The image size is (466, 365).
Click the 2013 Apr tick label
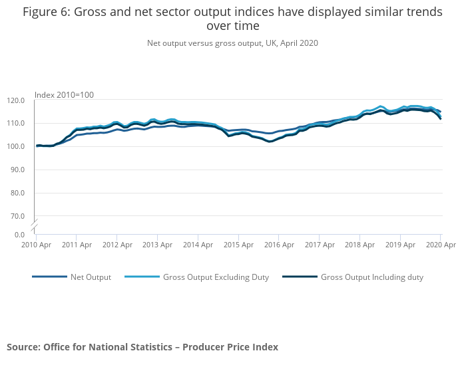click(x=156, y=245)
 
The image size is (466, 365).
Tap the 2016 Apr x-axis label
click(x=279, y=245)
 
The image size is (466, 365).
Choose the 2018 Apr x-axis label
click(x=360, y=245)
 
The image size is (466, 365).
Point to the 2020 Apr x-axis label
click(x=440, y=245)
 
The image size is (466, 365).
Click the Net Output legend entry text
click(x=91, y=277)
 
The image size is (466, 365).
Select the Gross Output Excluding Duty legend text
click(x=216, y=277)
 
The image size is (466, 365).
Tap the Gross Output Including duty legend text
click(x=371, y=277)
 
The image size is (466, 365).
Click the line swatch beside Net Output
click(x=49, y=277)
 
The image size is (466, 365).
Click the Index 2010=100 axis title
click(x=64, y=95)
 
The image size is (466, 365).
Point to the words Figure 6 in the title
click(x=47, y=12)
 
